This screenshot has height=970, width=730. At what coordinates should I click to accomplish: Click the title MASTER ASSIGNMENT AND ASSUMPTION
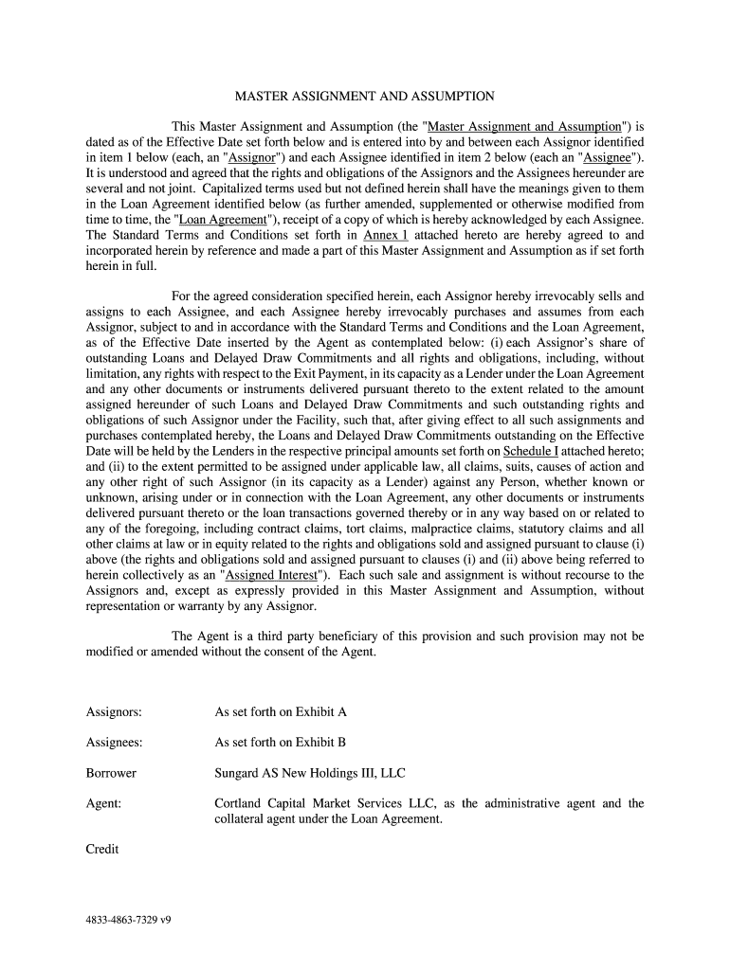point(365,96)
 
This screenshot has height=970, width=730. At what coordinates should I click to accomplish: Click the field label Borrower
point(111,773)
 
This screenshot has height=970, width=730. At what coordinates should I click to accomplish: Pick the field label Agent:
point(103,803)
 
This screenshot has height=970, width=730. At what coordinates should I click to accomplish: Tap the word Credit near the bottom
point(102,849)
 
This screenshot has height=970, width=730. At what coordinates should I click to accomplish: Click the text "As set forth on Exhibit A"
point(281,711)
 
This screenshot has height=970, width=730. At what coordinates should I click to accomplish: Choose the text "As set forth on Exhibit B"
point(281,743)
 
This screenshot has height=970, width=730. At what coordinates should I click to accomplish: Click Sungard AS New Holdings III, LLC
point(310,773)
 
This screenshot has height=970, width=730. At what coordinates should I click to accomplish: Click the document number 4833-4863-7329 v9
point(128,920)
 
